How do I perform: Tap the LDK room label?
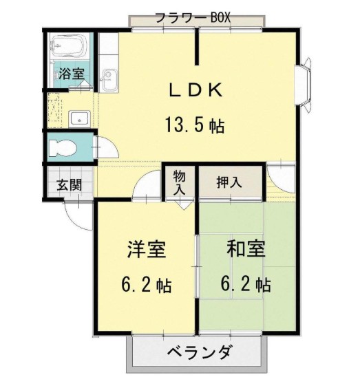point(195,90)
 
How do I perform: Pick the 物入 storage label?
point(180,182)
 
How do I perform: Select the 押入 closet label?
point(229,182)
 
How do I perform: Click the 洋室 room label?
point(146,249)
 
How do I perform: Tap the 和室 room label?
point(246,249)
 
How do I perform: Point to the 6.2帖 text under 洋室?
point(146,284)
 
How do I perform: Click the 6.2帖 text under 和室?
point(246,284)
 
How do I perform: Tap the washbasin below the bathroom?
point(81,118)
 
